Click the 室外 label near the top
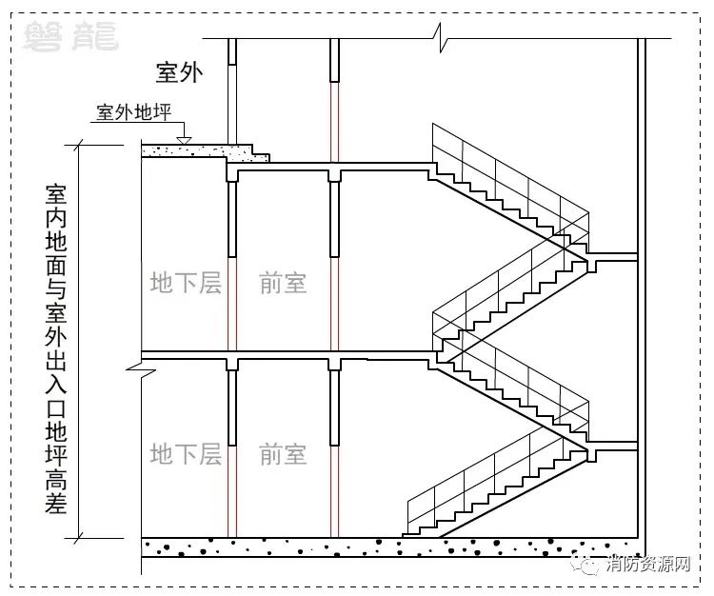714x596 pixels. tap(179, 72)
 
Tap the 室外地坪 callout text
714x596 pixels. tap(133, 112)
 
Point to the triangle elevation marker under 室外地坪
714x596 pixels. tap(184, 140)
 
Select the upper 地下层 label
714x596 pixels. tap(186, 283)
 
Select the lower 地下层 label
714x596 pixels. tap(186, 454)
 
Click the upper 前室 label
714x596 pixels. tap(283, 283)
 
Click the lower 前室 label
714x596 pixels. tap(283, 454)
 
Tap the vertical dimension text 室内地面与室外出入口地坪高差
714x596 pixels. tap(56, 348)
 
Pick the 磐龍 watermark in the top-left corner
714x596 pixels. tap(71, 36)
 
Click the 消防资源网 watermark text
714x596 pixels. tap(648, 565)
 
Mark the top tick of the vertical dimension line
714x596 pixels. tap(79, 146)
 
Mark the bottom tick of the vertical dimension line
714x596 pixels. tap(79, 538)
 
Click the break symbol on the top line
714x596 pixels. tap(441, 38)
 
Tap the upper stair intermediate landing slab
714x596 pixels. tap(612, 257)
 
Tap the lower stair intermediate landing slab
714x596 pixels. tap(612, 447)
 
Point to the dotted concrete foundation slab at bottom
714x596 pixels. tap(391, 547)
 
